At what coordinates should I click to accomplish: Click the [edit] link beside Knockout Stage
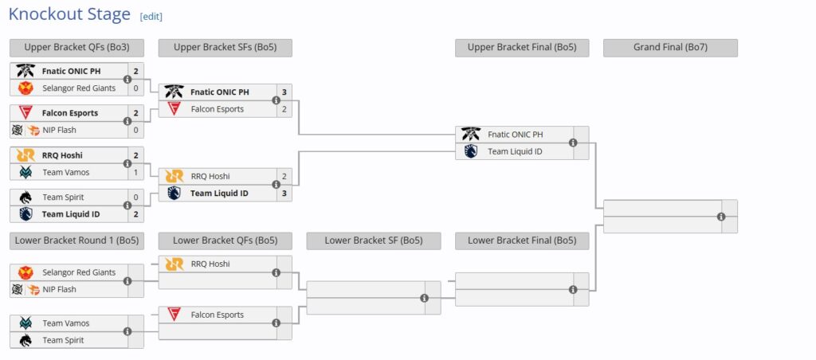click(x=151, y=17)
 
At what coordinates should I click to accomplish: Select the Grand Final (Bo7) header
click(x=670, y=48)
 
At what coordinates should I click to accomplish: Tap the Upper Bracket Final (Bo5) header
click(x=522, y=48)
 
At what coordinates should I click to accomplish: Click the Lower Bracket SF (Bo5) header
click(x=373, y=241)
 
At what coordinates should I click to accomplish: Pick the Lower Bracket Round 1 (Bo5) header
click(x=76, y=241)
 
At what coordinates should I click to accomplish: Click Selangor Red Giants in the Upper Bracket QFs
click(x=79, y=88)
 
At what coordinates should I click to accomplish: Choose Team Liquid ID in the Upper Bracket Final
click(x=515, y=151)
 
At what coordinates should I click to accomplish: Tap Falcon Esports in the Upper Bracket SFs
click(x=217, y=109)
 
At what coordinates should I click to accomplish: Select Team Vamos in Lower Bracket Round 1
click(x=65, y=323)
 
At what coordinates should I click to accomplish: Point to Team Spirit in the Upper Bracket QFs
click(x=63, y=197)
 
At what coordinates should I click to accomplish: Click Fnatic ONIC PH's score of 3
click(x=284, y=92)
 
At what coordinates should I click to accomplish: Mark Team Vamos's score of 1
click(x=135, y=172)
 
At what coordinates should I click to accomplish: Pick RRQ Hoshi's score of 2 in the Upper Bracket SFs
click(x=284, y=176)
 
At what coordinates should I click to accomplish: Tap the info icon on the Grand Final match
click(x=721, y=217)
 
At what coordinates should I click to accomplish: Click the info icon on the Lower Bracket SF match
click(x=424, y=298)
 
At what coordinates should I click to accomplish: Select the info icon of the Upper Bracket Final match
click(x=573, y=143)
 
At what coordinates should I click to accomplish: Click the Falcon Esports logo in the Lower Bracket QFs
click(x=174, y=315)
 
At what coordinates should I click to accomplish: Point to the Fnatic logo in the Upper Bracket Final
click(x=471, y=135)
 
